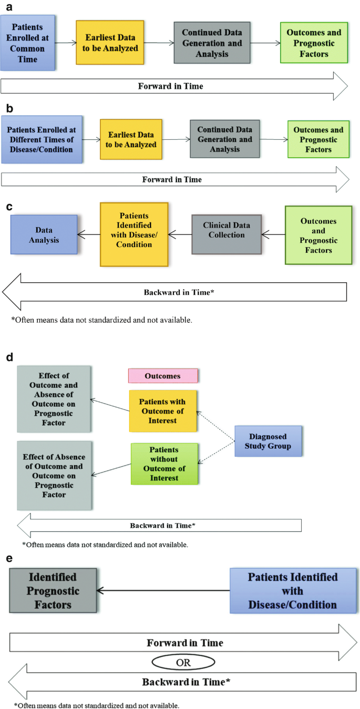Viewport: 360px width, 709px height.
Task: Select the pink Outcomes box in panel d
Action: coord(163,376)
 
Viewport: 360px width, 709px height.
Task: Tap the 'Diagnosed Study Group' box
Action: coord(268,441)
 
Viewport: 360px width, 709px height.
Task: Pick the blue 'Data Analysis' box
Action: coord(44,234)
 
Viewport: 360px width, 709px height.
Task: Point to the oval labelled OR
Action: coord(183,663)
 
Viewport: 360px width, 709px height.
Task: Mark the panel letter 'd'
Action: coord(9,358)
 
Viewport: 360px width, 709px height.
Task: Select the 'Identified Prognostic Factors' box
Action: coord(53,591)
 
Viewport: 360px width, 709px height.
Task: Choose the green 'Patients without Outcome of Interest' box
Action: coord(164,464)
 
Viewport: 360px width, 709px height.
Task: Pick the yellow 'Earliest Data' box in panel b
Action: coord(131,139)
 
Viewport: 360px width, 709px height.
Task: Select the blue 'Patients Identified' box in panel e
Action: coord(292,591)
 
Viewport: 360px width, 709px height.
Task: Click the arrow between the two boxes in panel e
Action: coord(163,591)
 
